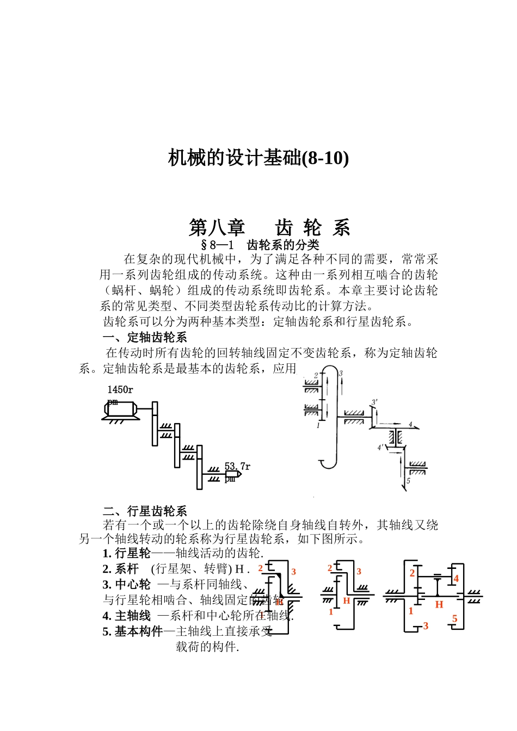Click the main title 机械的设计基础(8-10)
click(x=258, y=158)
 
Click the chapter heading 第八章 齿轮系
click(x=269, y=227)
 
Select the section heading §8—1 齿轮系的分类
click(x=260, y=245)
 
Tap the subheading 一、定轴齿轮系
click(x=145, y=337)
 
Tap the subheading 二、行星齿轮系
click(x=145, y=511)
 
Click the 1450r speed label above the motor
click(x=120, y=389)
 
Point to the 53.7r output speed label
click(x=237, y=467)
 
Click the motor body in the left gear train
click(x=120, y=409)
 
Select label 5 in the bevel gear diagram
click(x=408, y=481)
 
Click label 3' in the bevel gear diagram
click(x=374, y=402)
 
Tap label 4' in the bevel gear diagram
click(x=380, y=447)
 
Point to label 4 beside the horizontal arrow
click(x=411, y=424)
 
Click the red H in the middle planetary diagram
click(x=346, y=601)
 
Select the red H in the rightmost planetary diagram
click(x=439, y=604)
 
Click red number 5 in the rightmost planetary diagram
click(x=455, y=619)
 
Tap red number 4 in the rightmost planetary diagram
click(x=456, y=579)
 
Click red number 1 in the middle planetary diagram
click(x=330, y=612)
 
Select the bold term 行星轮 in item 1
click(x=132, y=553)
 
